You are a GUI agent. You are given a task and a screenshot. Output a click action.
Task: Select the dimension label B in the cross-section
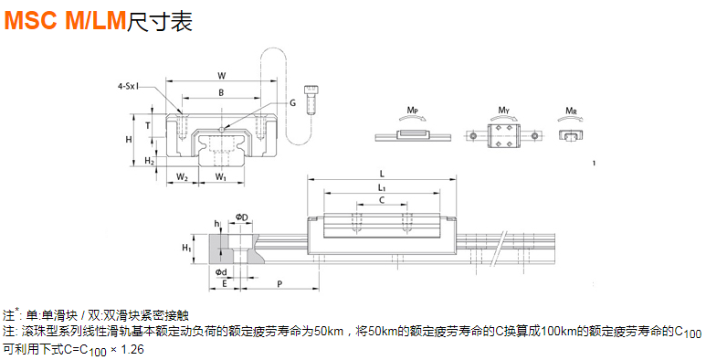tap(220, 92)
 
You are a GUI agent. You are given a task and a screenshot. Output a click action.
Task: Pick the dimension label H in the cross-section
tap(130, 139)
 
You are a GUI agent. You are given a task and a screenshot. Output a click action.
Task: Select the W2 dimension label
tap(183, 175)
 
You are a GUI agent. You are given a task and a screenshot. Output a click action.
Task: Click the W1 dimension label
tap(221, 175)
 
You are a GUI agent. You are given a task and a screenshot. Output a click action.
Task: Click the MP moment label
tap(413, 111)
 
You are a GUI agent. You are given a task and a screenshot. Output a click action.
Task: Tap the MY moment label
tap(503, 111)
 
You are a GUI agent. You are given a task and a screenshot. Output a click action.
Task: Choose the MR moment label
tap(571, 111)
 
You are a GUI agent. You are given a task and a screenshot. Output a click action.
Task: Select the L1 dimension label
tap(382, 187)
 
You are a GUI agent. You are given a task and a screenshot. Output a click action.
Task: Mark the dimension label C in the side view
tap(382, 200)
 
